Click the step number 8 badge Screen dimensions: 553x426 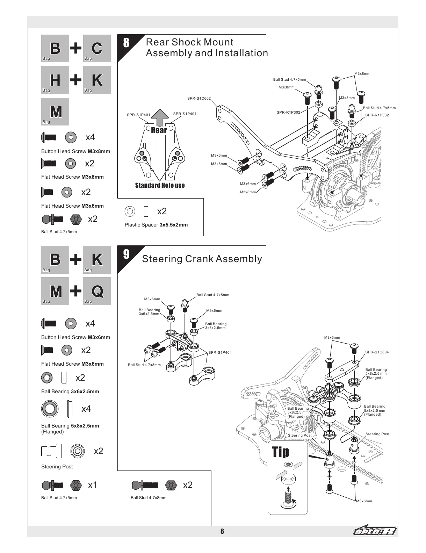(x=126, y=43)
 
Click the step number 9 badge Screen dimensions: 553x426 (x=126, y=254)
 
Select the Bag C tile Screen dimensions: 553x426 (x=97, y=49)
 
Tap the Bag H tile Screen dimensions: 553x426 (x=55, y=80)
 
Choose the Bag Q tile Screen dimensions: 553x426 (x=97, y=291)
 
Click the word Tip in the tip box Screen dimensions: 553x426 (x=281, y=452)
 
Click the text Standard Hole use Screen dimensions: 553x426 (x=160, y=185)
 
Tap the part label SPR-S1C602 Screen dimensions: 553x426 (x=199, y=99)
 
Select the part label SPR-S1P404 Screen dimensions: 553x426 (x=220, y=352)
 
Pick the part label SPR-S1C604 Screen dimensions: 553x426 (x=377, y=352)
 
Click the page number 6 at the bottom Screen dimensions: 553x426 (x=222, y=531)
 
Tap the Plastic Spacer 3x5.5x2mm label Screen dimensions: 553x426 (x=156, y=225)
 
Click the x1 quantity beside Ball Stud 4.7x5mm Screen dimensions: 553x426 (x=92, y=485)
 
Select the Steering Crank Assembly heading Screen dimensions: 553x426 (x=202, y=259)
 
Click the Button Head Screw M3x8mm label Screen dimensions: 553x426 (x=75, y=151)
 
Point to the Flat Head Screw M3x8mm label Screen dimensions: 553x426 (x=72, y=177)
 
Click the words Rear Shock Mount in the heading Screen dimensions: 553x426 (x=189, y=42)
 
